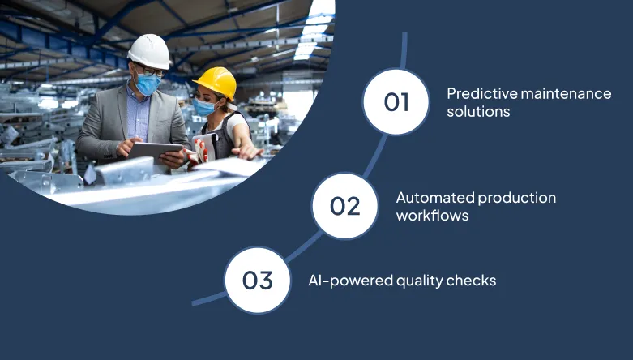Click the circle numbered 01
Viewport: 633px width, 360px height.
click(x=396, y=102)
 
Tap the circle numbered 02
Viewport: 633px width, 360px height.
click(x=344, y=205)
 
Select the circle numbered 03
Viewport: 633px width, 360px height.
click(x=257, y=281)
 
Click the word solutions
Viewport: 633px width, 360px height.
click(x=478, y=112)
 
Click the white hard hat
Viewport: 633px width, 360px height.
click(x=150, y=50)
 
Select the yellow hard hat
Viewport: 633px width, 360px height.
click(x=215, y=82)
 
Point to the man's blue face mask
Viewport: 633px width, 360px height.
click(x=148, y=84)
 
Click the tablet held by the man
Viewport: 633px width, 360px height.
click(x=155, y=152)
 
